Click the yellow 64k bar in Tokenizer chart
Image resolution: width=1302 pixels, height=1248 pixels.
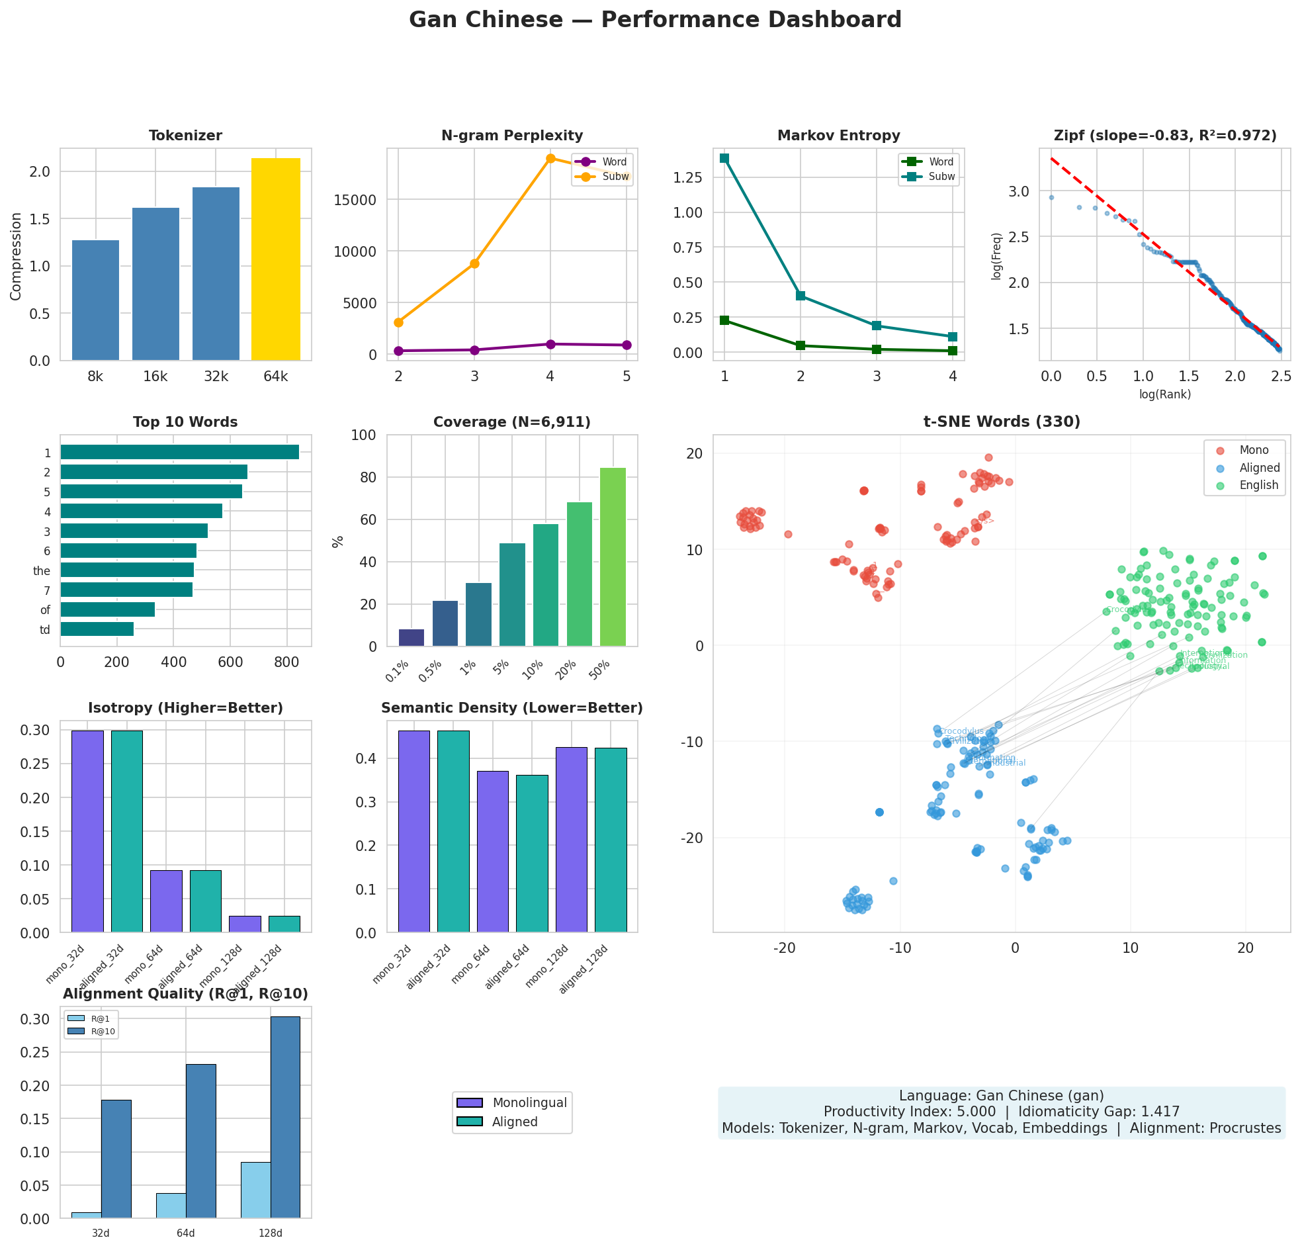coord(275,259)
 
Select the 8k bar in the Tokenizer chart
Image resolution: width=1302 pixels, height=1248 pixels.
coord(95,300)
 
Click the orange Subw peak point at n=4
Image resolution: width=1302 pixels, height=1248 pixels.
coord(550,158)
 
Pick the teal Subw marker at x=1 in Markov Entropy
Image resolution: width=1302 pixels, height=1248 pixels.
coord(724,158)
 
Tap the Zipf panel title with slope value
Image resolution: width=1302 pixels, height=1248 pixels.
coord(1164,136)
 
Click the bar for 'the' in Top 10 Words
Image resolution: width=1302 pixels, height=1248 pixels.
coord(127,570)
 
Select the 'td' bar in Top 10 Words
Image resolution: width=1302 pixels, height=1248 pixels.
coord(97,629)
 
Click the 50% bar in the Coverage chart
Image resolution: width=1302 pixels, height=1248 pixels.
coord(613,557)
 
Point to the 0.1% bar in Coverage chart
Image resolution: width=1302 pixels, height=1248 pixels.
coord(412,637)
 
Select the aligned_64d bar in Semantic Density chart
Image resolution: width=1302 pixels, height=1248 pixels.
coord(531,853)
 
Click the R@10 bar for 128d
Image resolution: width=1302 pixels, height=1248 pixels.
coord(285,1116)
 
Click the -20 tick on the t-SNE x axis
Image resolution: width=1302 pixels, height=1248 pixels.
coord(785,948)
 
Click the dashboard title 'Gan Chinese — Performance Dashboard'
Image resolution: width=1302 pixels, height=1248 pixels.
coord(655,20)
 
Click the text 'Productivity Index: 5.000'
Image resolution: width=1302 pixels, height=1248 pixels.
coord(909,1112)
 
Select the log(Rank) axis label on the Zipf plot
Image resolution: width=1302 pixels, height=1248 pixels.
coord(1164,394)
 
